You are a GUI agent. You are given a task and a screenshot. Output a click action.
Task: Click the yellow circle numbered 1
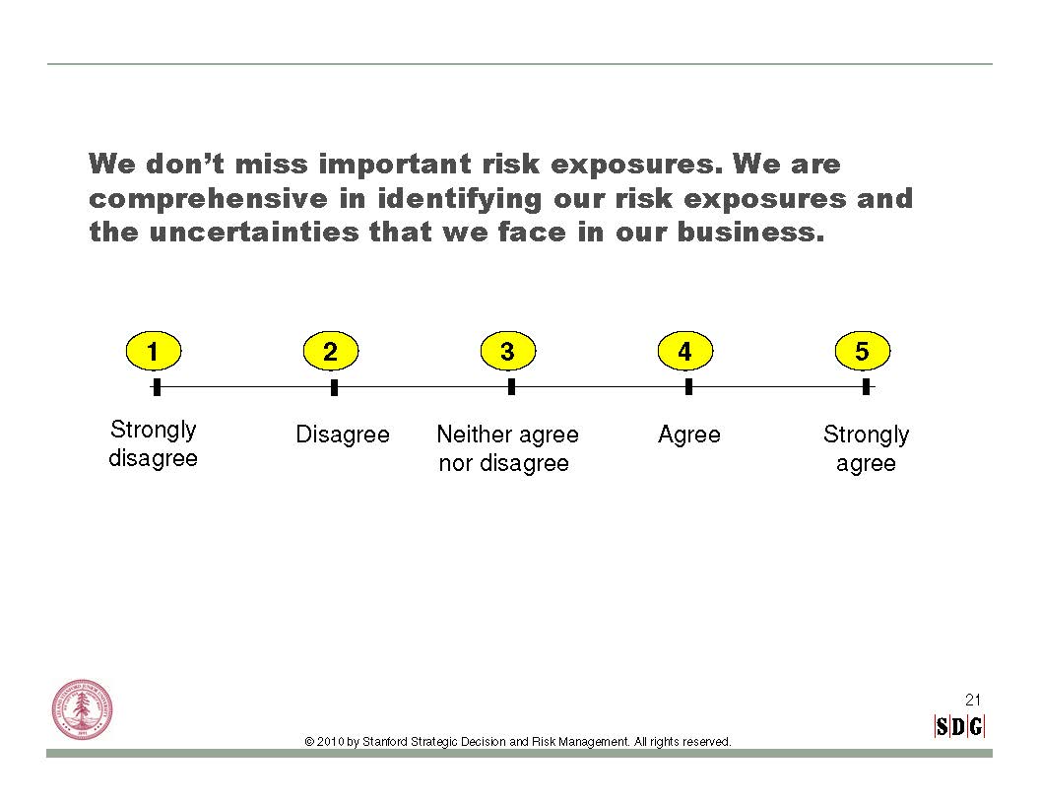[x=154, y=351]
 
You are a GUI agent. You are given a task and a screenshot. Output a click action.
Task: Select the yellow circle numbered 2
[x=330, y=351]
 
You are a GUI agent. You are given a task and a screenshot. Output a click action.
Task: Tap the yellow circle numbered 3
[x=507, y=351]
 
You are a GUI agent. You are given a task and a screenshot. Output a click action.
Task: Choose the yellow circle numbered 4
[x=685, y=351]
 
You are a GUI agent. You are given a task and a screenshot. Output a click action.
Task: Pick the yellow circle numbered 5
[x=863, y=351]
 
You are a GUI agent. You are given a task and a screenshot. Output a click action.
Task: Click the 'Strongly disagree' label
[x=154, y=443]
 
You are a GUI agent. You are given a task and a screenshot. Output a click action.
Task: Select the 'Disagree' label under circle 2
[x=343, y=435]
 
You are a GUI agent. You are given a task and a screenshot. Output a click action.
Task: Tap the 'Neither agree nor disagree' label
[x=507, y=448]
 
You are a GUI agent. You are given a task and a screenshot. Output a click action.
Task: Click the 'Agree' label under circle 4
[x=689, y=435]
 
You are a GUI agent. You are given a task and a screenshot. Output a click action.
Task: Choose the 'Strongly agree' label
[x=867, y=449]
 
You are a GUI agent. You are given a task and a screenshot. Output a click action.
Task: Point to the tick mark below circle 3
[x=511, y=387]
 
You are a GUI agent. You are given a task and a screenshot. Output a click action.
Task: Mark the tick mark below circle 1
[x=157, y=387]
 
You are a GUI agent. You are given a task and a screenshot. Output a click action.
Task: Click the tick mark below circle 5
[x=867, y=387]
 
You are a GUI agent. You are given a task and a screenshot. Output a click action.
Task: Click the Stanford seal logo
[x=82, y=709]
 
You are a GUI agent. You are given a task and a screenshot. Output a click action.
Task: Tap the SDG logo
[x=959, y=726]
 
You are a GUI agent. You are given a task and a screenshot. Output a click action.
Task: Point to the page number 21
[x=972, y=700]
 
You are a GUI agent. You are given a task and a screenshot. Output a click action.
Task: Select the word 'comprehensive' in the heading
[x=208, y=199]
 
